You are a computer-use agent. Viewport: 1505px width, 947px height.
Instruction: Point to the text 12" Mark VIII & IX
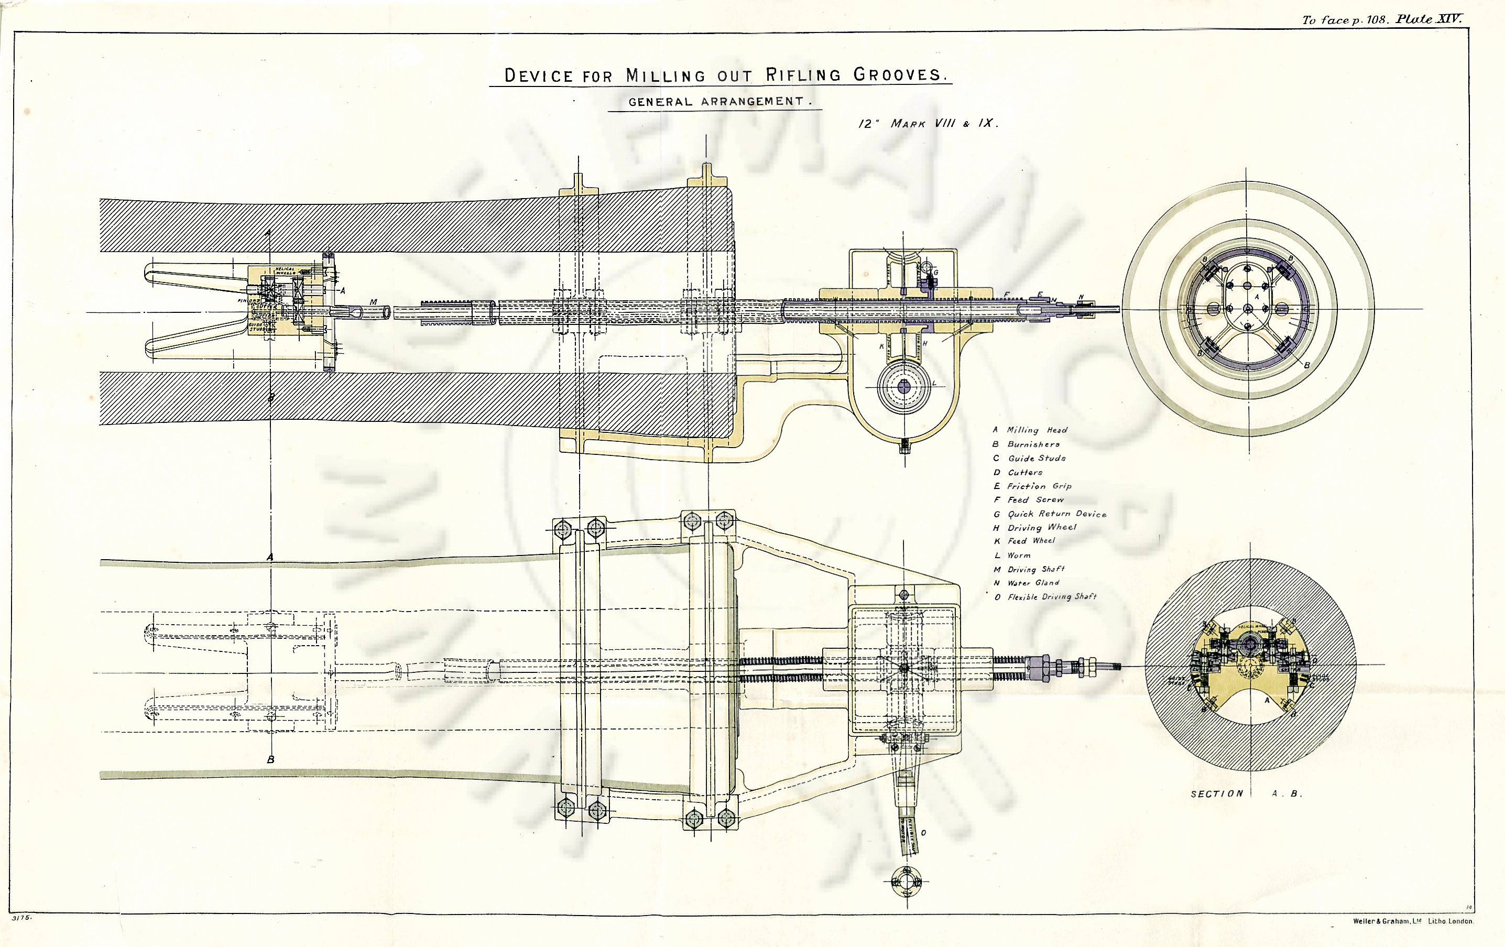(x=928, y=123)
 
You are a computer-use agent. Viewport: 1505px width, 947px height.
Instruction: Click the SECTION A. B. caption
(x=1246, y=794)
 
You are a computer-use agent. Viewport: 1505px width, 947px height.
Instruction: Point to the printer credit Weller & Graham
(x=1412, y=921)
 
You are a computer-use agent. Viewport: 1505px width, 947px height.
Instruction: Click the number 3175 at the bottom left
(x=21, y=918)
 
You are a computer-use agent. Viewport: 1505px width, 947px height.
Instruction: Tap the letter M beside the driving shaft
(x=373, y=302)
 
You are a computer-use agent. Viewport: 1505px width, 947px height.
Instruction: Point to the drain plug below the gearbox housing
(x=903, y=445)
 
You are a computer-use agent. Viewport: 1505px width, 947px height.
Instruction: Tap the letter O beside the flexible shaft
(x=924, y=833)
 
